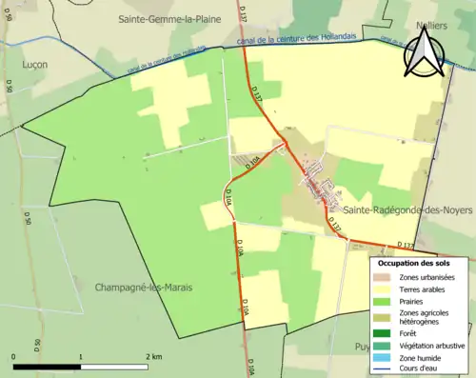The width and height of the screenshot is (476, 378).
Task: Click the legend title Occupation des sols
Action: point(422,264)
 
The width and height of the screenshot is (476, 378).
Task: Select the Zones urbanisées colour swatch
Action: point(385,277)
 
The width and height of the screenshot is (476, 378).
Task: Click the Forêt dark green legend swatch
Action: point(385,333)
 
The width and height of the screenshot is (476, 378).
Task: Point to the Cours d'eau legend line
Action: point(385,369)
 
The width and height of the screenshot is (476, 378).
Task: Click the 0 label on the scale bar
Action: point(14,356)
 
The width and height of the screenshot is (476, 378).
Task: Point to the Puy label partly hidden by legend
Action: point(362,347)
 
